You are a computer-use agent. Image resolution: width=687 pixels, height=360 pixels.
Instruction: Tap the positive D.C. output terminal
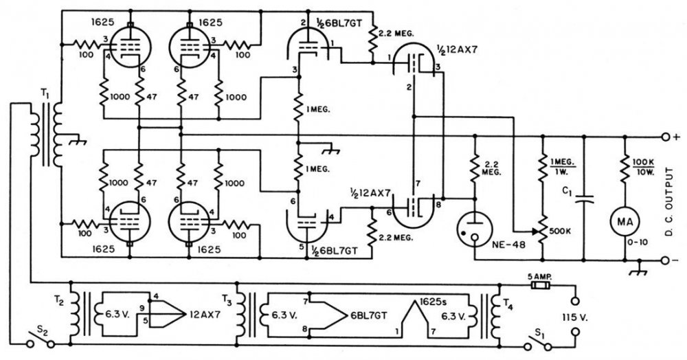pyautogui.click(x=664, y=136)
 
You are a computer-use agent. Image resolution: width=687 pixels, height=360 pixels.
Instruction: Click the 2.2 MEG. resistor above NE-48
pyautogui.click(x=475, y=169)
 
